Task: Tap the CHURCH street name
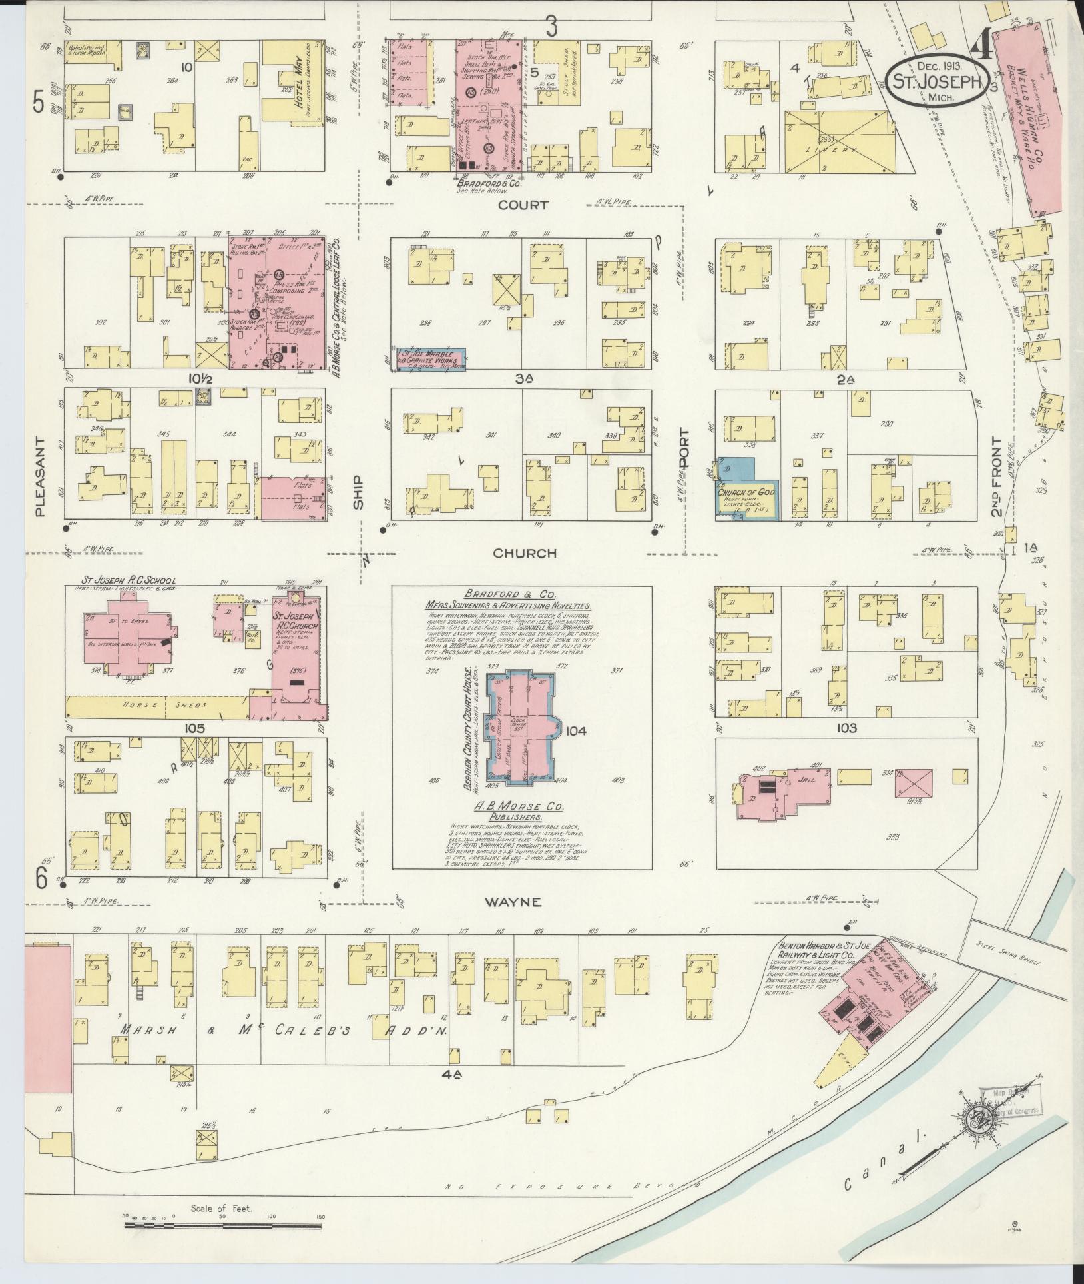click(x=525, y=553)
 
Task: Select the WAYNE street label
click(x=522, y=902)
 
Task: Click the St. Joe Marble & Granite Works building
click(x=430, y=358)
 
